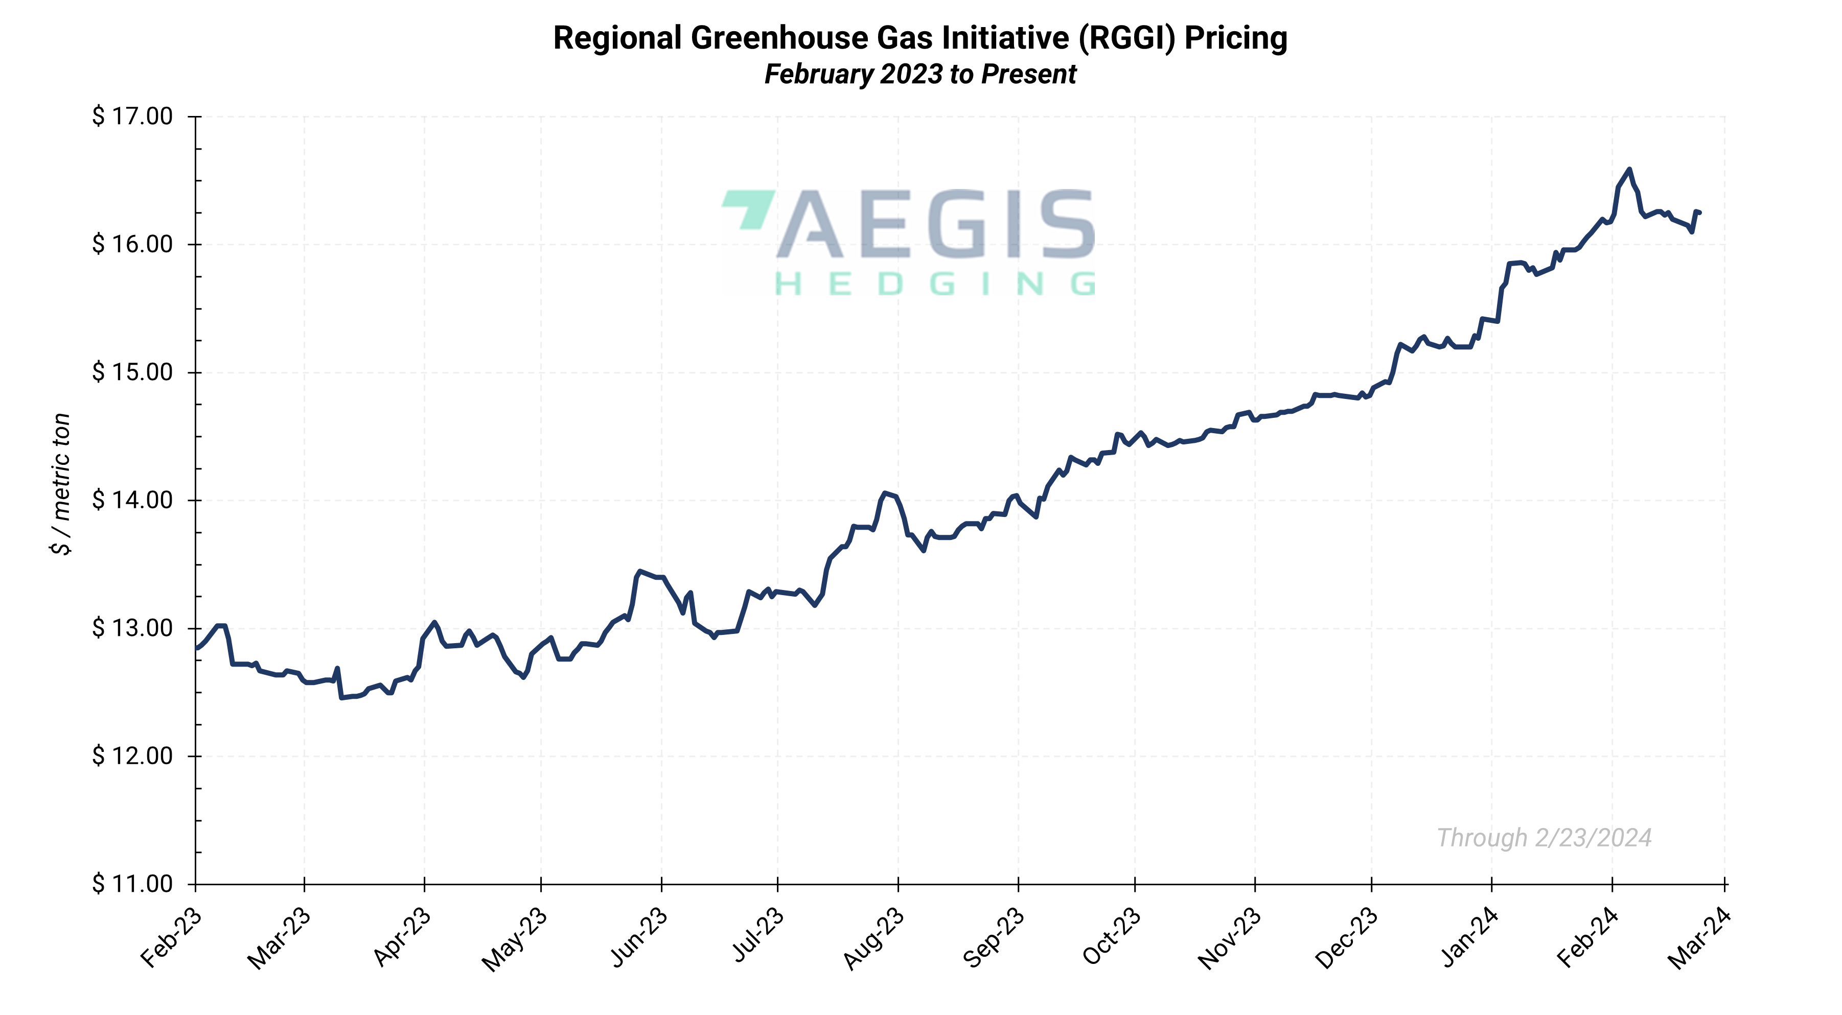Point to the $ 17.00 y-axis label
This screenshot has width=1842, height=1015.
click(132, 116)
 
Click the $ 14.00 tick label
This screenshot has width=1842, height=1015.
click(132, 501)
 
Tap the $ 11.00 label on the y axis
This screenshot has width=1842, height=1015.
click(132, 884)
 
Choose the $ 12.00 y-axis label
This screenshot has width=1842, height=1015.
click(132, 756)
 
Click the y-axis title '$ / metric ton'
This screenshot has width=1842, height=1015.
click(61, 484)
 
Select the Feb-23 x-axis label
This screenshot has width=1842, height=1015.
click(171, 938)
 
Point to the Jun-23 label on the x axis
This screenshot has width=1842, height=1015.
click(638, 938)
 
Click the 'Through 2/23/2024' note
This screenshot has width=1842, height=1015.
click(1544, 838)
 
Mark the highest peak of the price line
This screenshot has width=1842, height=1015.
click(1629, 170)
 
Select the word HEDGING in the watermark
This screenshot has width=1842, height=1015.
click(935, 285)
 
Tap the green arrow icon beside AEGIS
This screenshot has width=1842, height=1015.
click(748, 209)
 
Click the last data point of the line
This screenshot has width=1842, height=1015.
click(1699, 213)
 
